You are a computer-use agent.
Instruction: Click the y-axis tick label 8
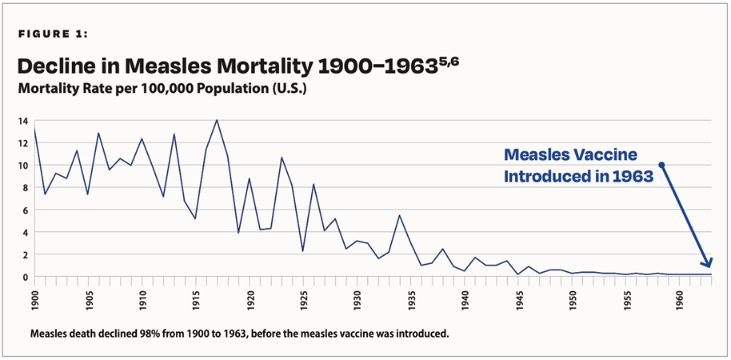(25, 188)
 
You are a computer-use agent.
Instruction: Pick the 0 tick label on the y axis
(25, 277)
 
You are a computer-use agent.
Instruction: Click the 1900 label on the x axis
(34, 302)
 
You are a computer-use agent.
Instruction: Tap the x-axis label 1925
(304, 302)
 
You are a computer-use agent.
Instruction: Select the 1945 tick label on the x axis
(519, 302)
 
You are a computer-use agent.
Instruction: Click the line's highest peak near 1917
(217, 120)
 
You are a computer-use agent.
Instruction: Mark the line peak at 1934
(399, 215)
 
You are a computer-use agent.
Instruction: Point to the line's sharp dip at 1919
(238, 233)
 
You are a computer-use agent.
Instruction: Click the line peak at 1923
(282, 158)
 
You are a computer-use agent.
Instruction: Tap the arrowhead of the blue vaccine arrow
(708, 265)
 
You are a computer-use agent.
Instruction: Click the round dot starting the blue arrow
(661, 165)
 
